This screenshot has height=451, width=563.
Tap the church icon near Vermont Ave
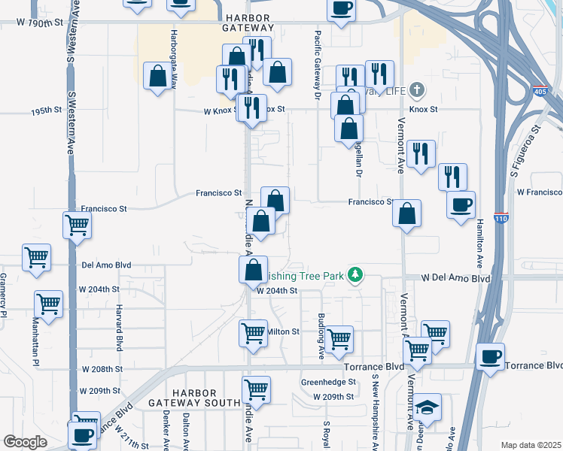(x=416, y=92)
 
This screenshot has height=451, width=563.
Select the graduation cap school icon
(x=428, y=407)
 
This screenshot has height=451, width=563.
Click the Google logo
(x=25, y=442)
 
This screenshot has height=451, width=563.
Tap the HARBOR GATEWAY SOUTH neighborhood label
(x=193, y=398)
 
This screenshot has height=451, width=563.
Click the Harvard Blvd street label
(x=119, y=327)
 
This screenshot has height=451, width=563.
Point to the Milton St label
(x=283, y=331)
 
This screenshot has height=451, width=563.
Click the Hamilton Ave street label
(x=479, y=238)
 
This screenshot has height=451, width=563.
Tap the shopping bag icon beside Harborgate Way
(x=158, y=76)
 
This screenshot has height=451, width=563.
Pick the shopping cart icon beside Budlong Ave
(x=339, y=338)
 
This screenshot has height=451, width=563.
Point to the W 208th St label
(x=101, y=370)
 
